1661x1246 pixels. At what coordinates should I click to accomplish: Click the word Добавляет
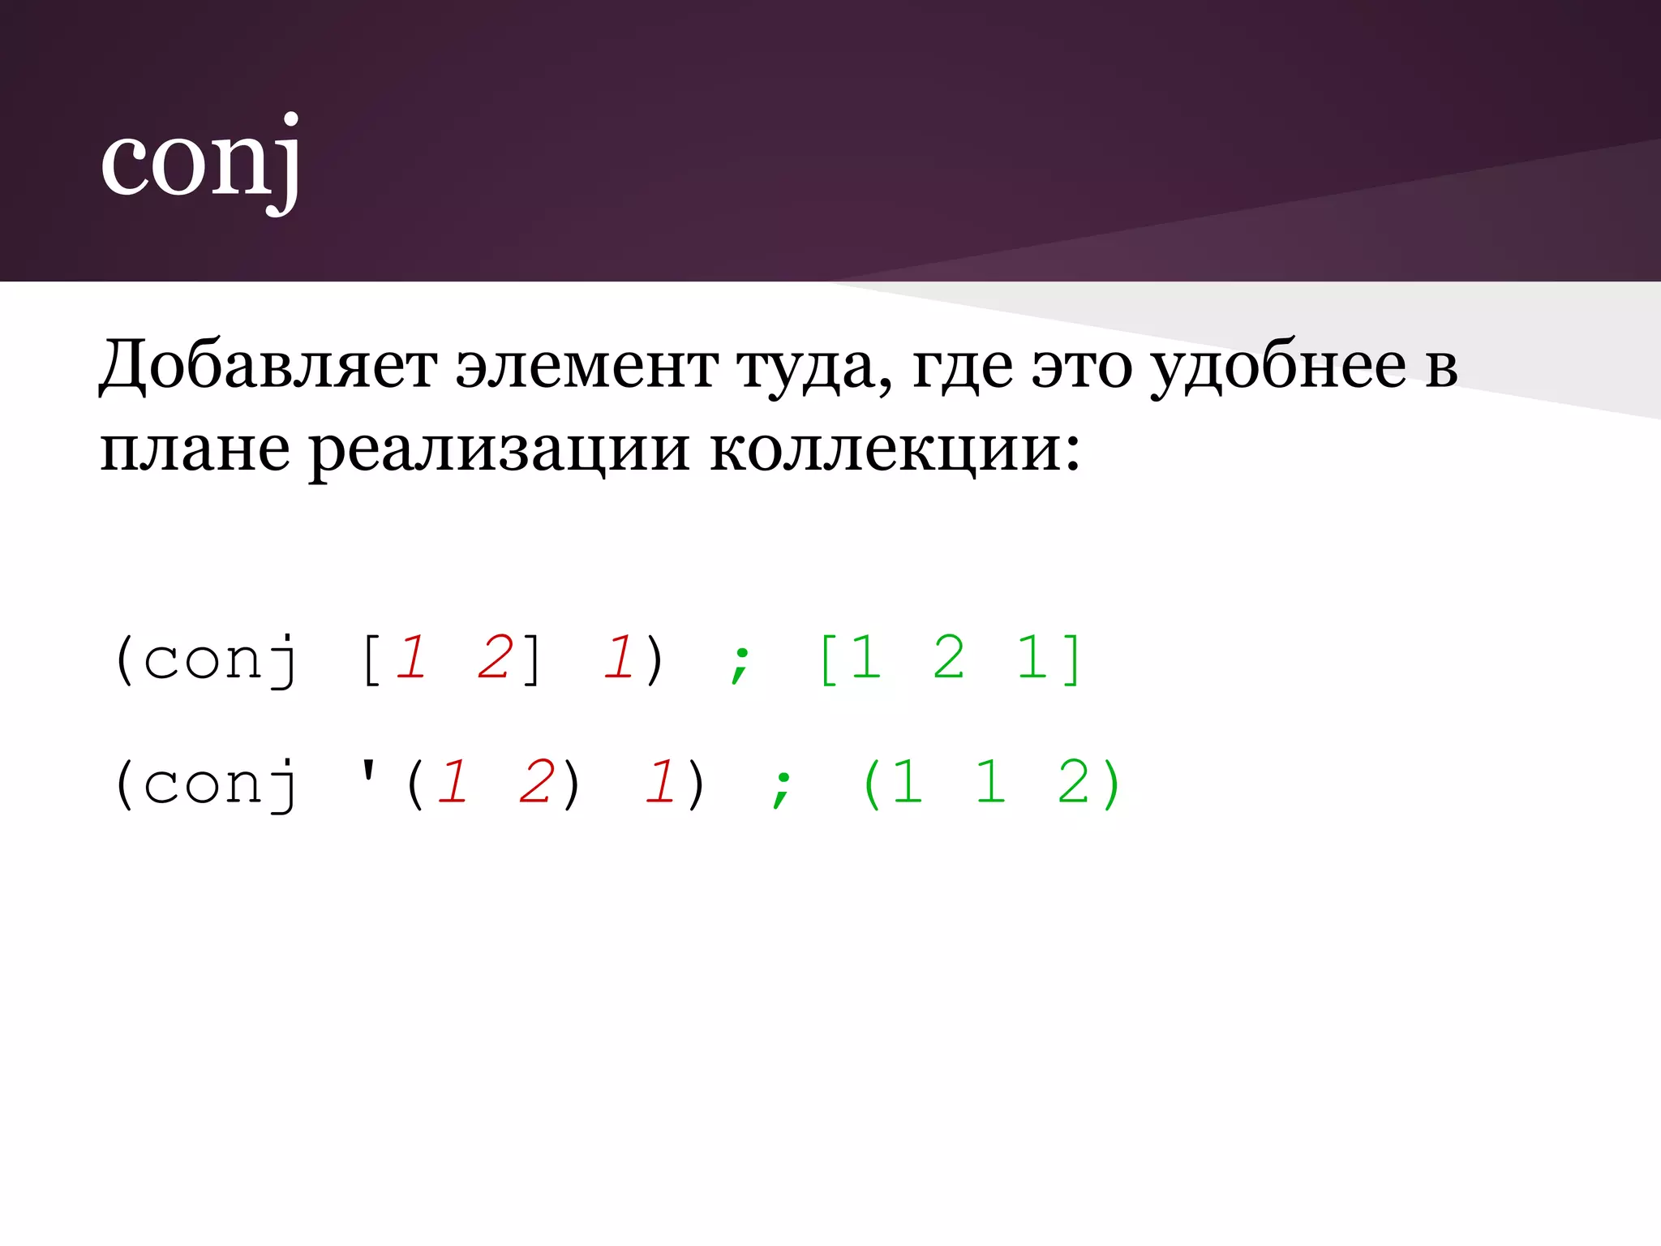coord(268,367)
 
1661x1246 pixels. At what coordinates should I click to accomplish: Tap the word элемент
coord(586,367)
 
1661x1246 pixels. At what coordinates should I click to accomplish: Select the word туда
coord(815,367)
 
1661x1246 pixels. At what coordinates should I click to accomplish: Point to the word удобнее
coord(1279,367)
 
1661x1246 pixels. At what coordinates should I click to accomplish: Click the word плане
coord(195,450)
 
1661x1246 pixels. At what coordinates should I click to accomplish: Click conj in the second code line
coord(220,784)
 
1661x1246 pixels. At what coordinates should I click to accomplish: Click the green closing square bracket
coord(1072,659)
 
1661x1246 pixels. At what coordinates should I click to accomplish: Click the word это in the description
coord(1081,367)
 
